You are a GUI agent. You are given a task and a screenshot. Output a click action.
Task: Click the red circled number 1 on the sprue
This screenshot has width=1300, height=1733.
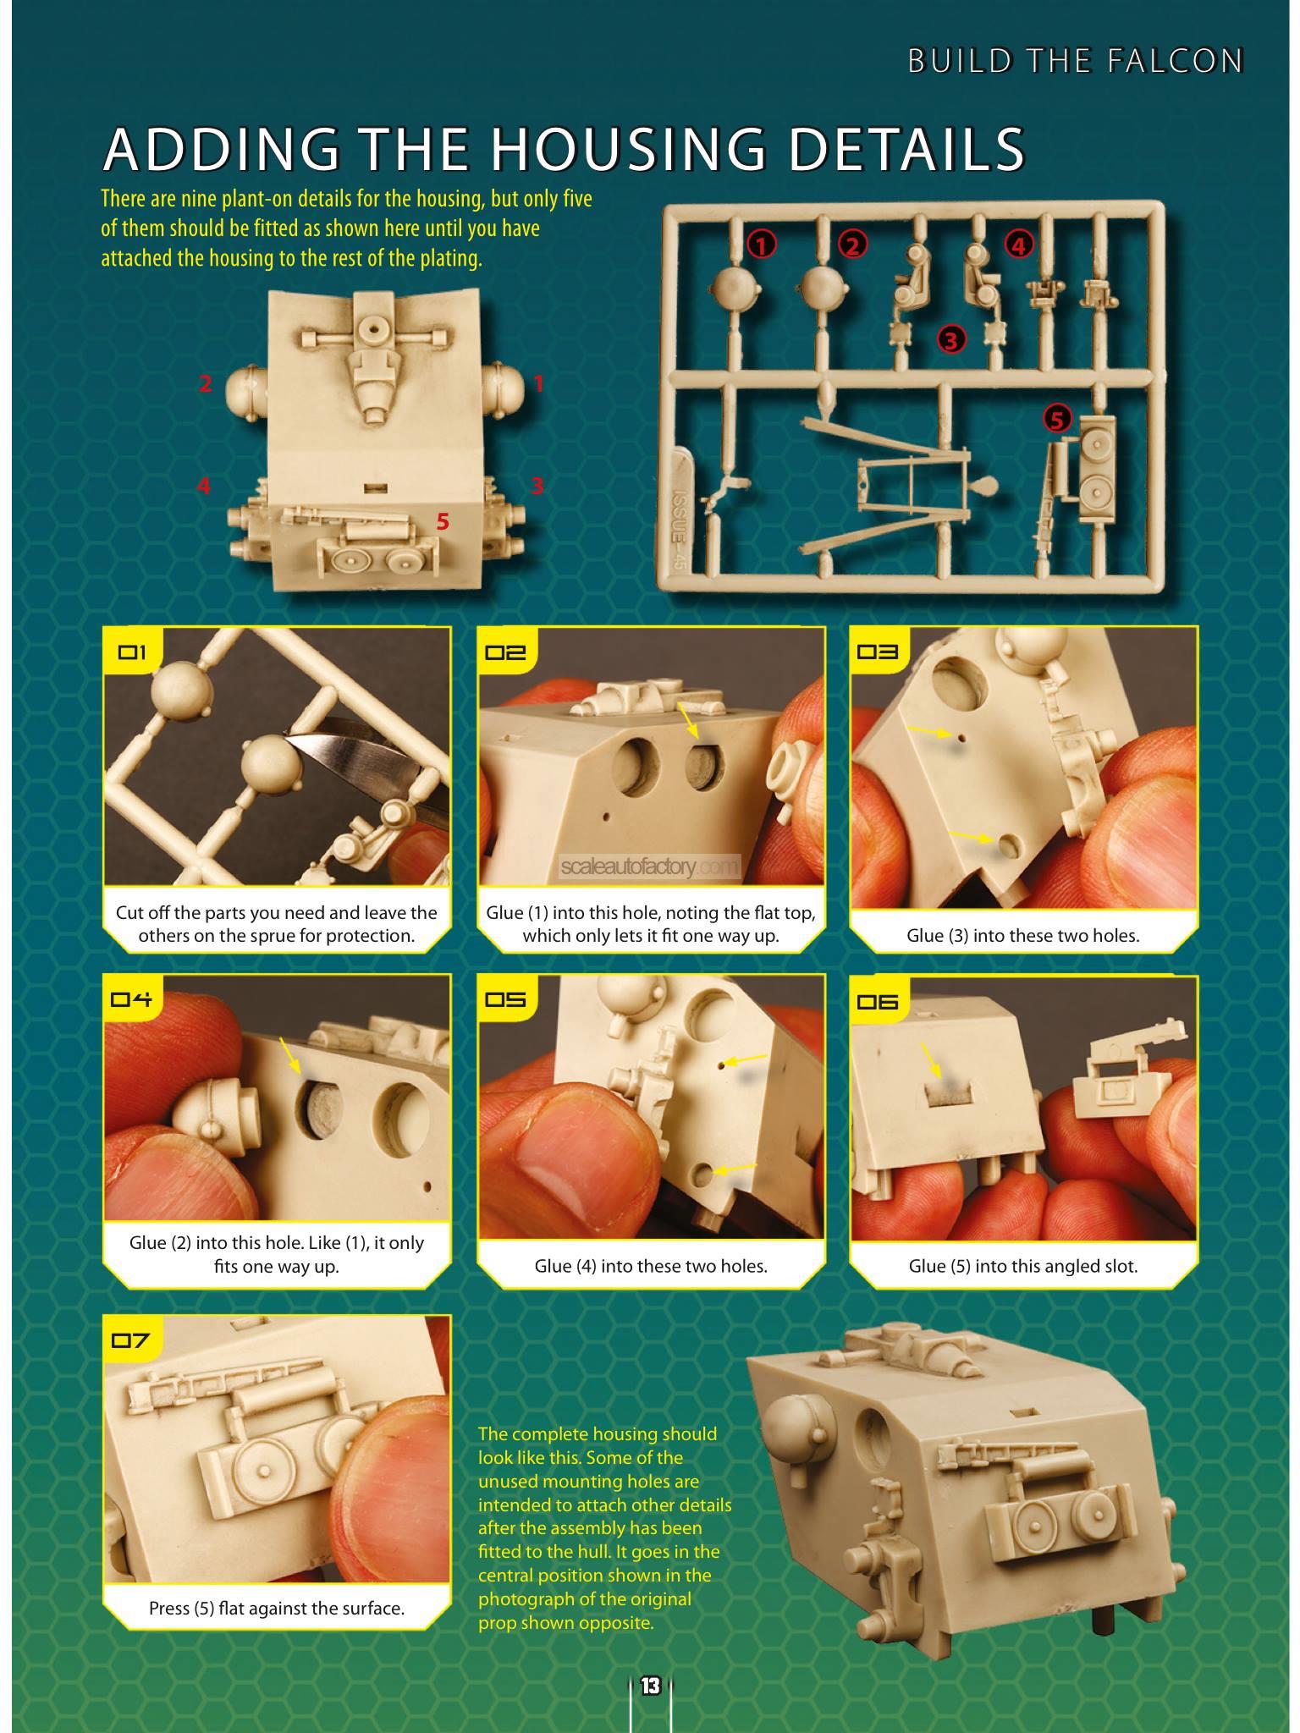pyautogui.click(x=762, y=245)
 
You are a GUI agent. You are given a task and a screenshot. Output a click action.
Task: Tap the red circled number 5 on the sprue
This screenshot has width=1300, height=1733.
pyautogui.click(x=1057, y=418)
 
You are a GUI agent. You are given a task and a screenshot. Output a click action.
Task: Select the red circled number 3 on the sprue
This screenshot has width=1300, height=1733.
pyautogui.click(x=951, y=340)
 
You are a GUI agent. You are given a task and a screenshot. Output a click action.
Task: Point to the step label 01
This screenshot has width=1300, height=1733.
pyautogui.click(x=132, y=652)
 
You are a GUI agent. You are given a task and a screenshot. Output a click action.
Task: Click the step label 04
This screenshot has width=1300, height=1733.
pyautogui.click(x=132, y=999)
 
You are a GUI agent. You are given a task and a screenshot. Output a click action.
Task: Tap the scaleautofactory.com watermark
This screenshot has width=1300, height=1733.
pyautogui.click(x=649, y=866)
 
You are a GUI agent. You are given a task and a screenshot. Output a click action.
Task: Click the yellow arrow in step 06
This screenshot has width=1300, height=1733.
pyautogui.click(x=931, y=1062)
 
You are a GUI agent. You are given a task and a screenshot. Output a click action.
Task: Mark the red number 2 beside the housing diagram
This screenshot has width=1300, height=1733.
pyautogui.click(x=205, y=383)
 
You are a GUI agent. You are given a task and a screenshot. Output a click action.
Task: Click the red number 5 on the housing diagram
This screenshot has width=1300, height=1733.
pyautogui.click(x=443, y=522)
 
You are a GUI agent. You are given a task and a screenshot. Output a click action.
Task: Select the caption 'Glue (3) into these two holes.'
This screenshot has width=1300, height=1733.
pyautogui.click(x=1022, y=935)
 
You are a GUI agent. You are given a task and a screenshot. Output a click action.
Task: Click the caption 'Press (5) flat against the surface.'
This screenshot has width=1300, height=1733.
pyautogui.click(x=277, y=1608)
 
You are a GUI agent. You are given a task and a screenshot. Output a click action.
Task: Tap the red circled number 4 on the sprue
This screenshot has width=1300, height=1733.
pyautogui.click(x=1018, y=245)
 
